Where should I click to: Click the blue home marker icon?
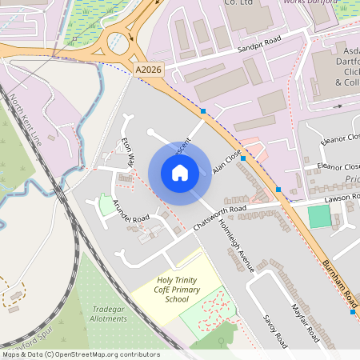coord(179,173)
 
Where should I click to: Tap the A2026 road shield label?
coord(147,70)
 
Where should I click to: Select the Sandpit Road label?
coord(262,50)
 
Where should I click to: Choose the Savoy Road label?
coord(274,330)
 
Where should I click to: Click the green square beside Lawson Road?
coord(319,216)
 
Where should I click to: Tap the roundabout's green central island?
coord(119,38)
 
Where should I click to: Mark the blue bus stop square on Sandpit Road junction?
coord(204,110)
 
